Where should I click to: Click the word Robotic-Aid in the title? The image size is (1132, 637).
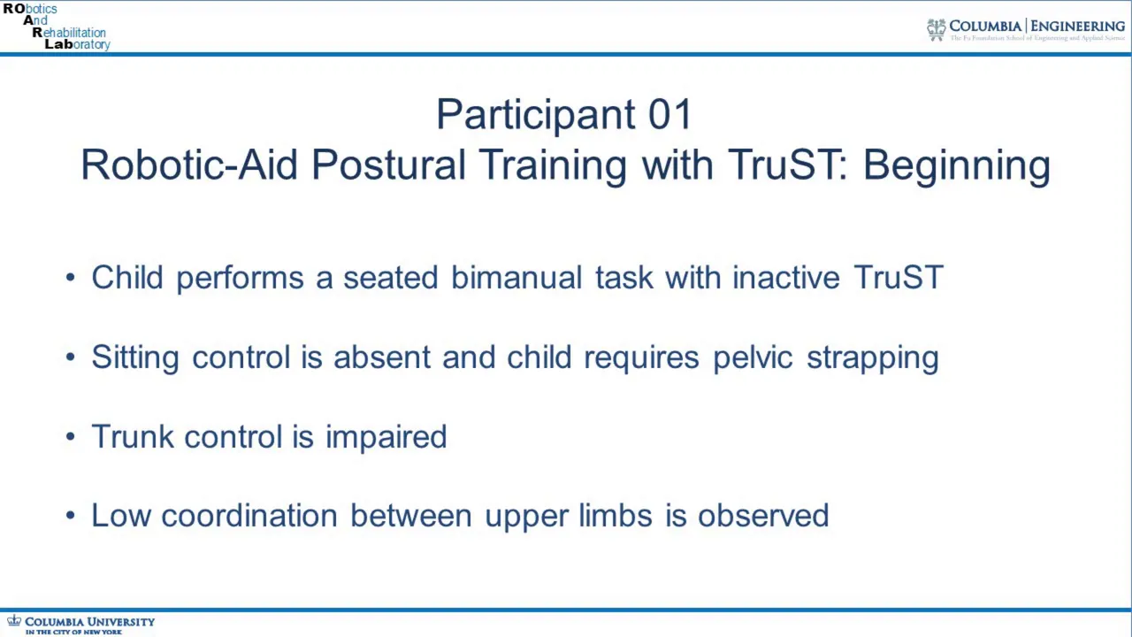(x=188, y=165)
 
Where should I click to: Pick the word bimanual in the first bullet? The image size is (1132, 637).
(x=516, y=277)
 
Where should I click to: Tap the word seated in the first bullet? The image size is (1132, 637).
(x=390, y=277)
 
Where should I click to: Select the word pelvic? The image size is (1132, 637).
(x=753, y=357)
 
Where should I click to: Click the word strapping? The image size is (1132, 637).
(x=872, y=358)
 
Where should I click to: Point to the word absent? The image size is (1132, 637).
(x=381, y=357)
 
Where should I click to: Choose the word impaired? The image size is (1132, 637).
(x=386, y=437)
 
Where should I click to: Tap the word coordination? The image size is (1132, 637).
(x=249, y=516)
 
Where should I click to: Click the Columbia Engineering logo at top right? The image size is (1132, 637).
(x=1026, y=29)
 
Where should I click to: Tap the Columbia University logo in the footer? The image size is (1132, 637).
(x=80, y=625)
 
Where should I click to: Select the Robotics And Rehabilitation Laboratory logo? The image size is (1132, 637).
(x=57, y=27)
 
